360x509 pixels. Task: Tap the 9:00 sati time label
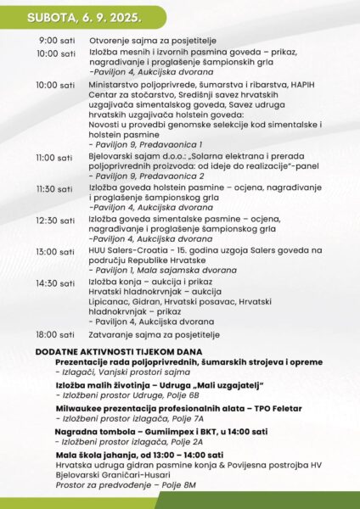[57, 42]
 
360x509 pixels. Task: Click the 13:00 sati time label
[55, 251]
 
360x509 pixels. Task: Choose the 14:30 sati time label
[55, 282]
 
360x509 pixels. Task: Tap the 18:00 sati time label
[55, 335]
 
